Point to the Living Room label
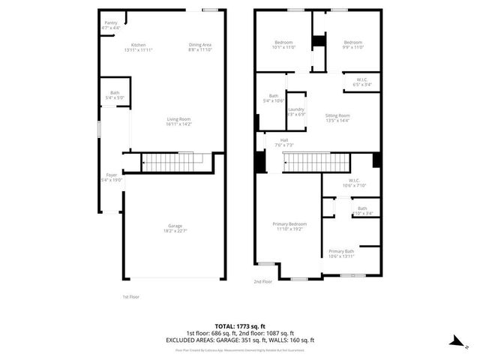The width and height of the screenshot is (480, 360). [178, 121]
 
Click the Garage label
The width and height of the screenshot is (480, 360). [175, 228]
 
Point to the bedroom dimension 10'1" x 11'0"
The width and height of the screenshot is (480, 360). [283, 47]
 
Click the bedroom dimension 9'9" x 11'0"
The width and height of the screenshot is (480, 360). [352, 47]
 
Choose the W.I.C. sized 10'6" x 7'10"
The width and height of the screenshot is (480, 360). [349, 182]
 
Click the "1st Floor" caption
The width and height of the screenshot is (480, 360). [130, 297]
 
